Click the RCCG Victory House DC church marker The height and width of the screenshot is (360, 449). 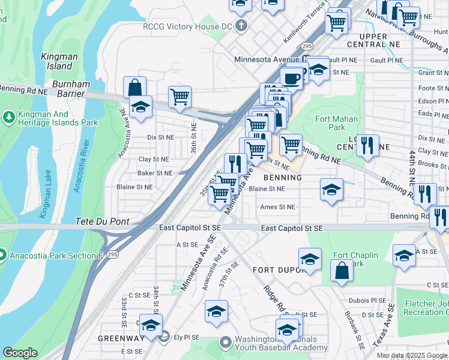point(241,26)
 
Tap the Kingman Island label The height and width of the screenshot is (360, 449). point(59,62)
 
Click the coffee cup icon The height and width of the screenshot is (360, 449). point(292,79)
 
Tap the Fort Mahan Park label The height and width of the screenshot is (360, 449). point(337,123)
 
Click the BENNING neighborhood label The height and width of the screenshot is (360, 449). point(282,178)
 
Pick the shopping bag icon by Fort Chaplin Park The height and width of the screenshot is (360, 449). point(342,269)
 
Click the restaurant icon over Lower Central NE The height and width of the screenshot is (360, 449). point(367,145)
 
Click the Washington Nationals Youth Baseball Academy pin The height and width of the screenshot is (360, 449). point(225,343)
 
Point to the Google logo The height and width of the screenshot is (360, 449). point(20,353)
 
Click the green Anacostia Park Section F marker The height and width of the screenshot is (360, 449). point(3,256)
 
